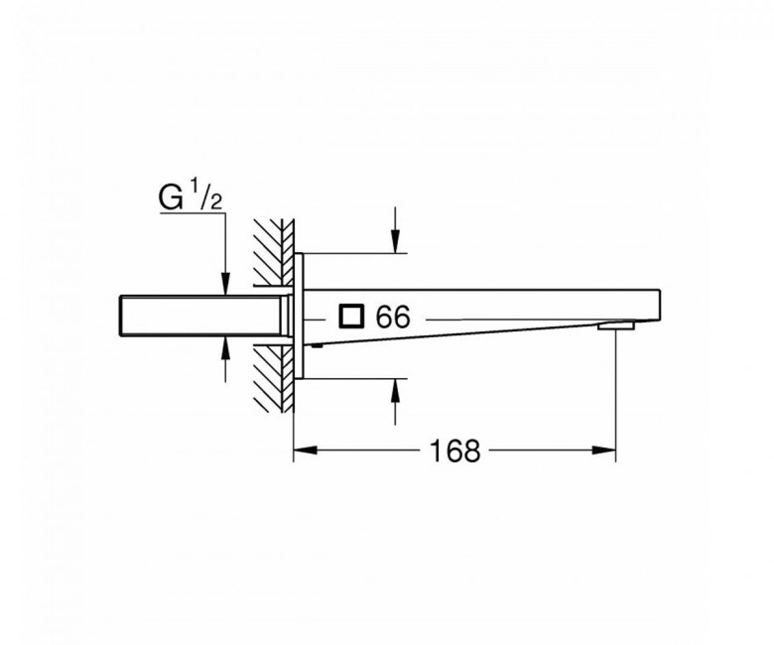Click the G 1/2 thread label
click(191, 195)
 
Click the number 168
click(454, 451)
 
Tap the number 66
click(393, 317)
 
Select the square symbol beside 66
click(351, 317)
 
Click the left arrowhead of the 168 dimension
click(305, 451)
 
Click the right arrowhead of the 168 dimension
click(604, 451)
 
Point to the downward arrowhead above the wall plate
click(395, 241)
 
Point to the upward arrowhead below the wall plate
click(395, 391)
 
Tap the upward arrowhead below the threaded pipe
click(225, 348)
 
